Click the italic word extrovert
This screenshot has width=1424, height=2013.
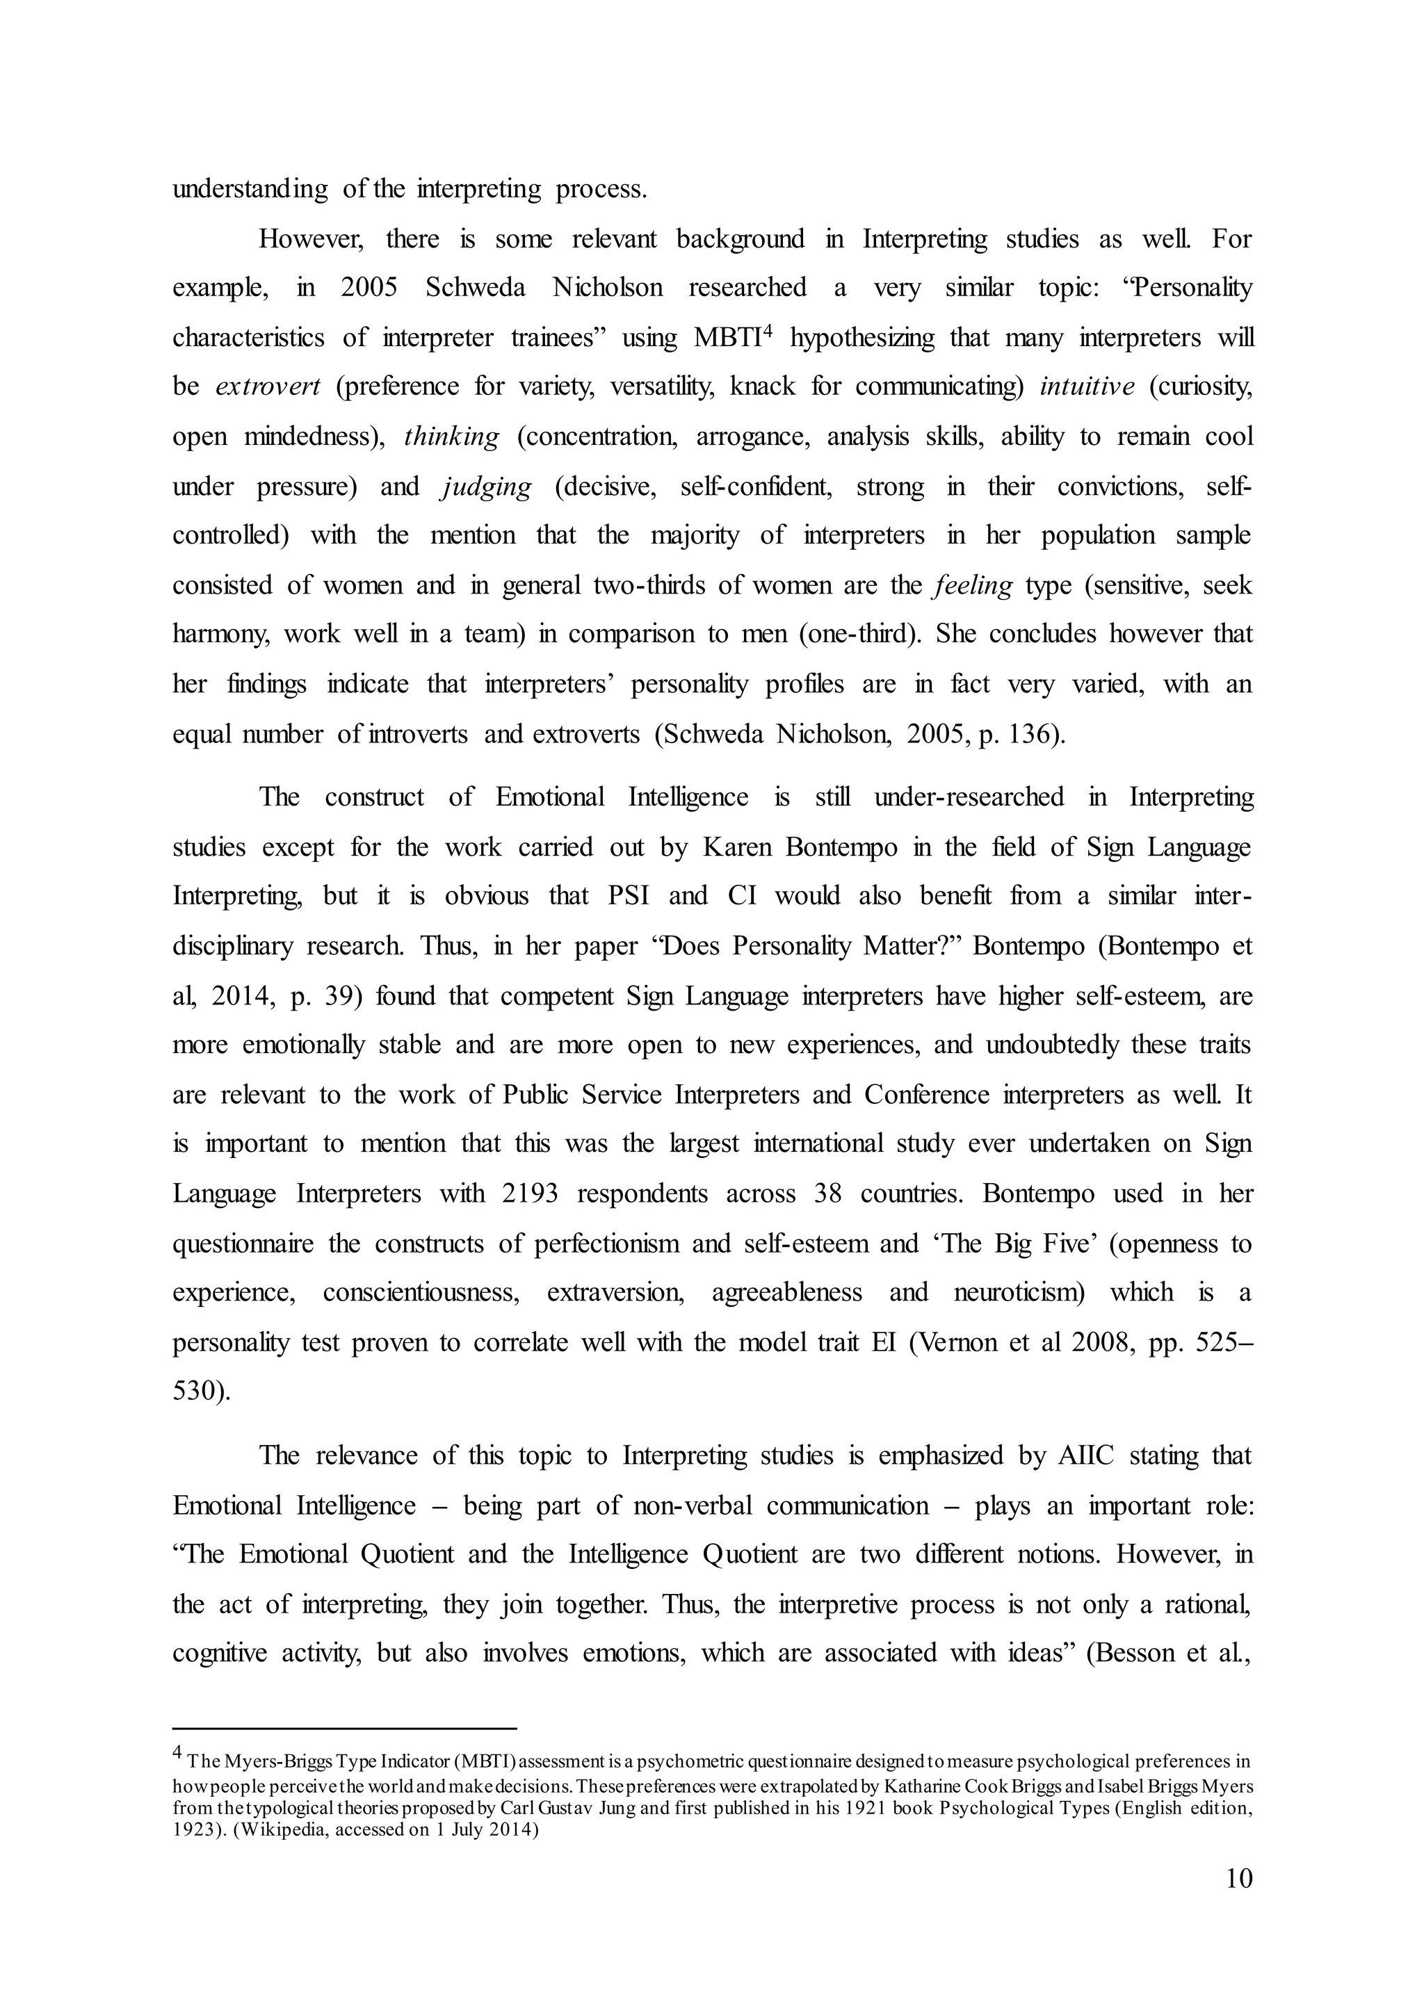[268, 386]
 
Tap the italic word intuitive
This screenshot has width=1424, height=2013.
[1086, 386]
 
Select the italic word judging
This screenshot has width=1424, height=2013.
[486, 487]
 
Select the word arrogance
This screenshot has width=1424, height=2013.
[752, 437]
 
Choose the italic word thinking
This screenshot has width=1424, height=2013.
[451, 437]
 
